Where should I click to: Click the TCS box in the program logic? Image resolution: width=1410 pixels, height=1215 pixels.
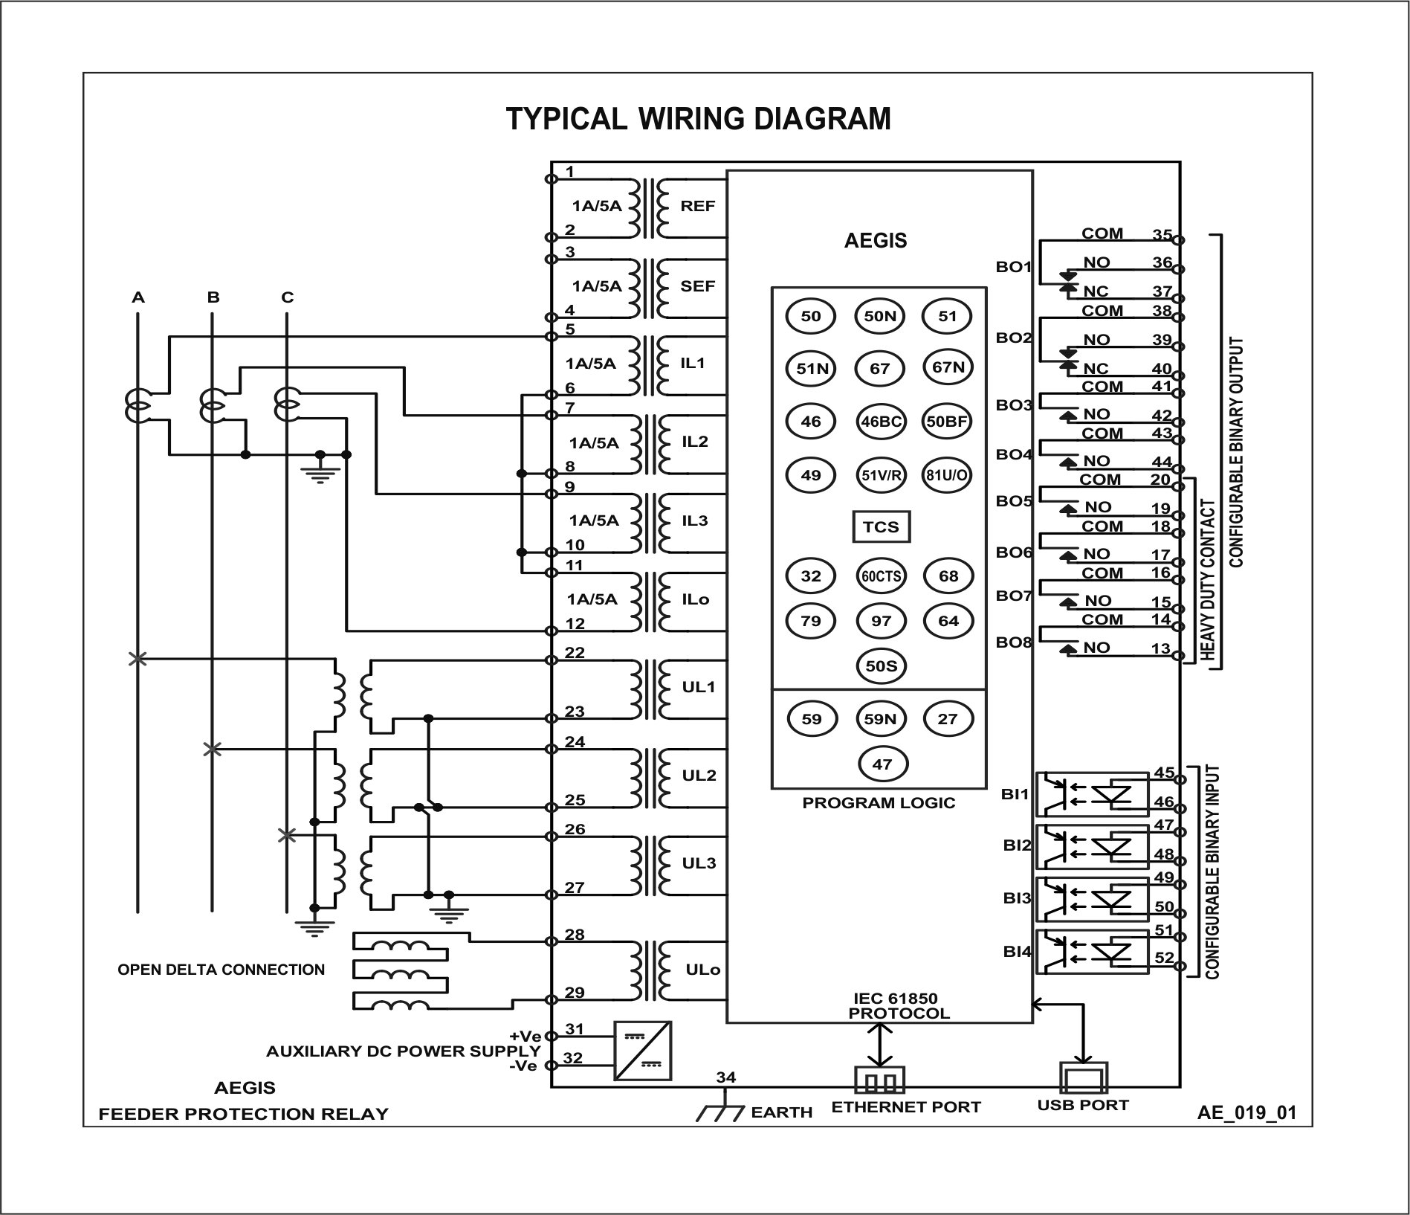[881, 527]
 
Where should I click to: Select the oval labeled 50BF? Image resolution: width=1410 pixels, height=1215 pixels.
[946, 422]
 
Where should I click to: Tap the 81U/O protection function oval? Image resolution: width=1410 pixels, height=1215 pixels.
[947, 475]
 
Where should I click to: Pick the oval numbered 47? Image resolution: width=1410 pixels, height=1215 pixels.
[882, 764]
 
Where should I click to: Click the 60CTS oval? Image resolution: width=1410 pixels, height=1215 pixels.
[882, 576]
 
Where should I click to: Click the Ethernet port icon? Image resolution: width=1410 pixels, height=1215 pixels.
[880, 1079]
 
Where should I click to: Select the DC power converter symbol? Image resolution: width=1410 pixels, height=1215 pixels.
[643, 1051]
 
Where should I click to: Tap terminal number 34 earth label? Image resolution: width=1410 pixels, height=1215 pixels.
[725, 1077]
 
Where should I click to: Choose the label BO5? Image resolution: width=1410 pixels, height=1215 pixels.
[1014, 501]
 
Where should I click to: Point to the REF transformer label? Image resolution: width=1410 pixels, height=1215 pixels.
[697, 206]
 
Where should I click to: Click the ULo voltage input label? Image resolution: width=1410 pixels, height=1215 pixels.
[702, 970]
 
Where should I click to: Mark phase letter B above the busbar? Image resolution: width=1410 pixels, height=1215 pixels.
[213, 297]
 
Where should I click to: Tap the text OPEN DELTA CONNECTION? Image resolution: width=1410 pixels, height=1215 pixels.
[221, 970]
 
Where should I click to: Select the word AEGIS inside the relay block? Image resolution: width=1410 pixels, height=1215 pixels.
[876, 241]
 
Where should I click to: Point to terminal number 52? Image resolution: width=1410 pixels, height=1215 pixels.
[1163, 958]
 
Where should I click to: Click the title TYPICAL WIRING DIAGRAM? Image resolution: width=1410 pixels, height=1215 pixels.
[698, 119]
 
